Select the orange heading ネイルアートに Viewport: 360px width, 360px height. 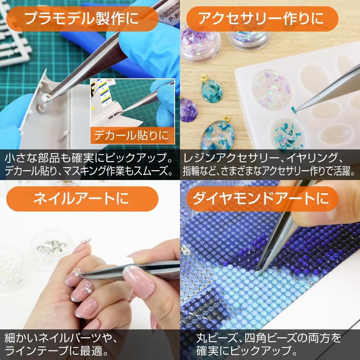coord(82,199)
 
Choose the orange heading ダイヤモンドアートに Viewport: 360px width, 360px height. coord(262,199)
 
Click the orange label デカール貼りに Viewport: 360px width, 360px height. coord(132,135)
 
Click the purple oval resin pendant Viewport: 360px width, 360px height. coord(188,109)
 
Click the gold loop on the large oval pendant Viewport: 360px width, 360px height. coord(227,119)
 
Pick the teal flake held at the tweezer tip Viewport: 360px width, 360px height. coord(294,110)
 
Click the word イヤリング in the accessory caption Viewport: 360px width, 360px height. coord(313,158)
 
